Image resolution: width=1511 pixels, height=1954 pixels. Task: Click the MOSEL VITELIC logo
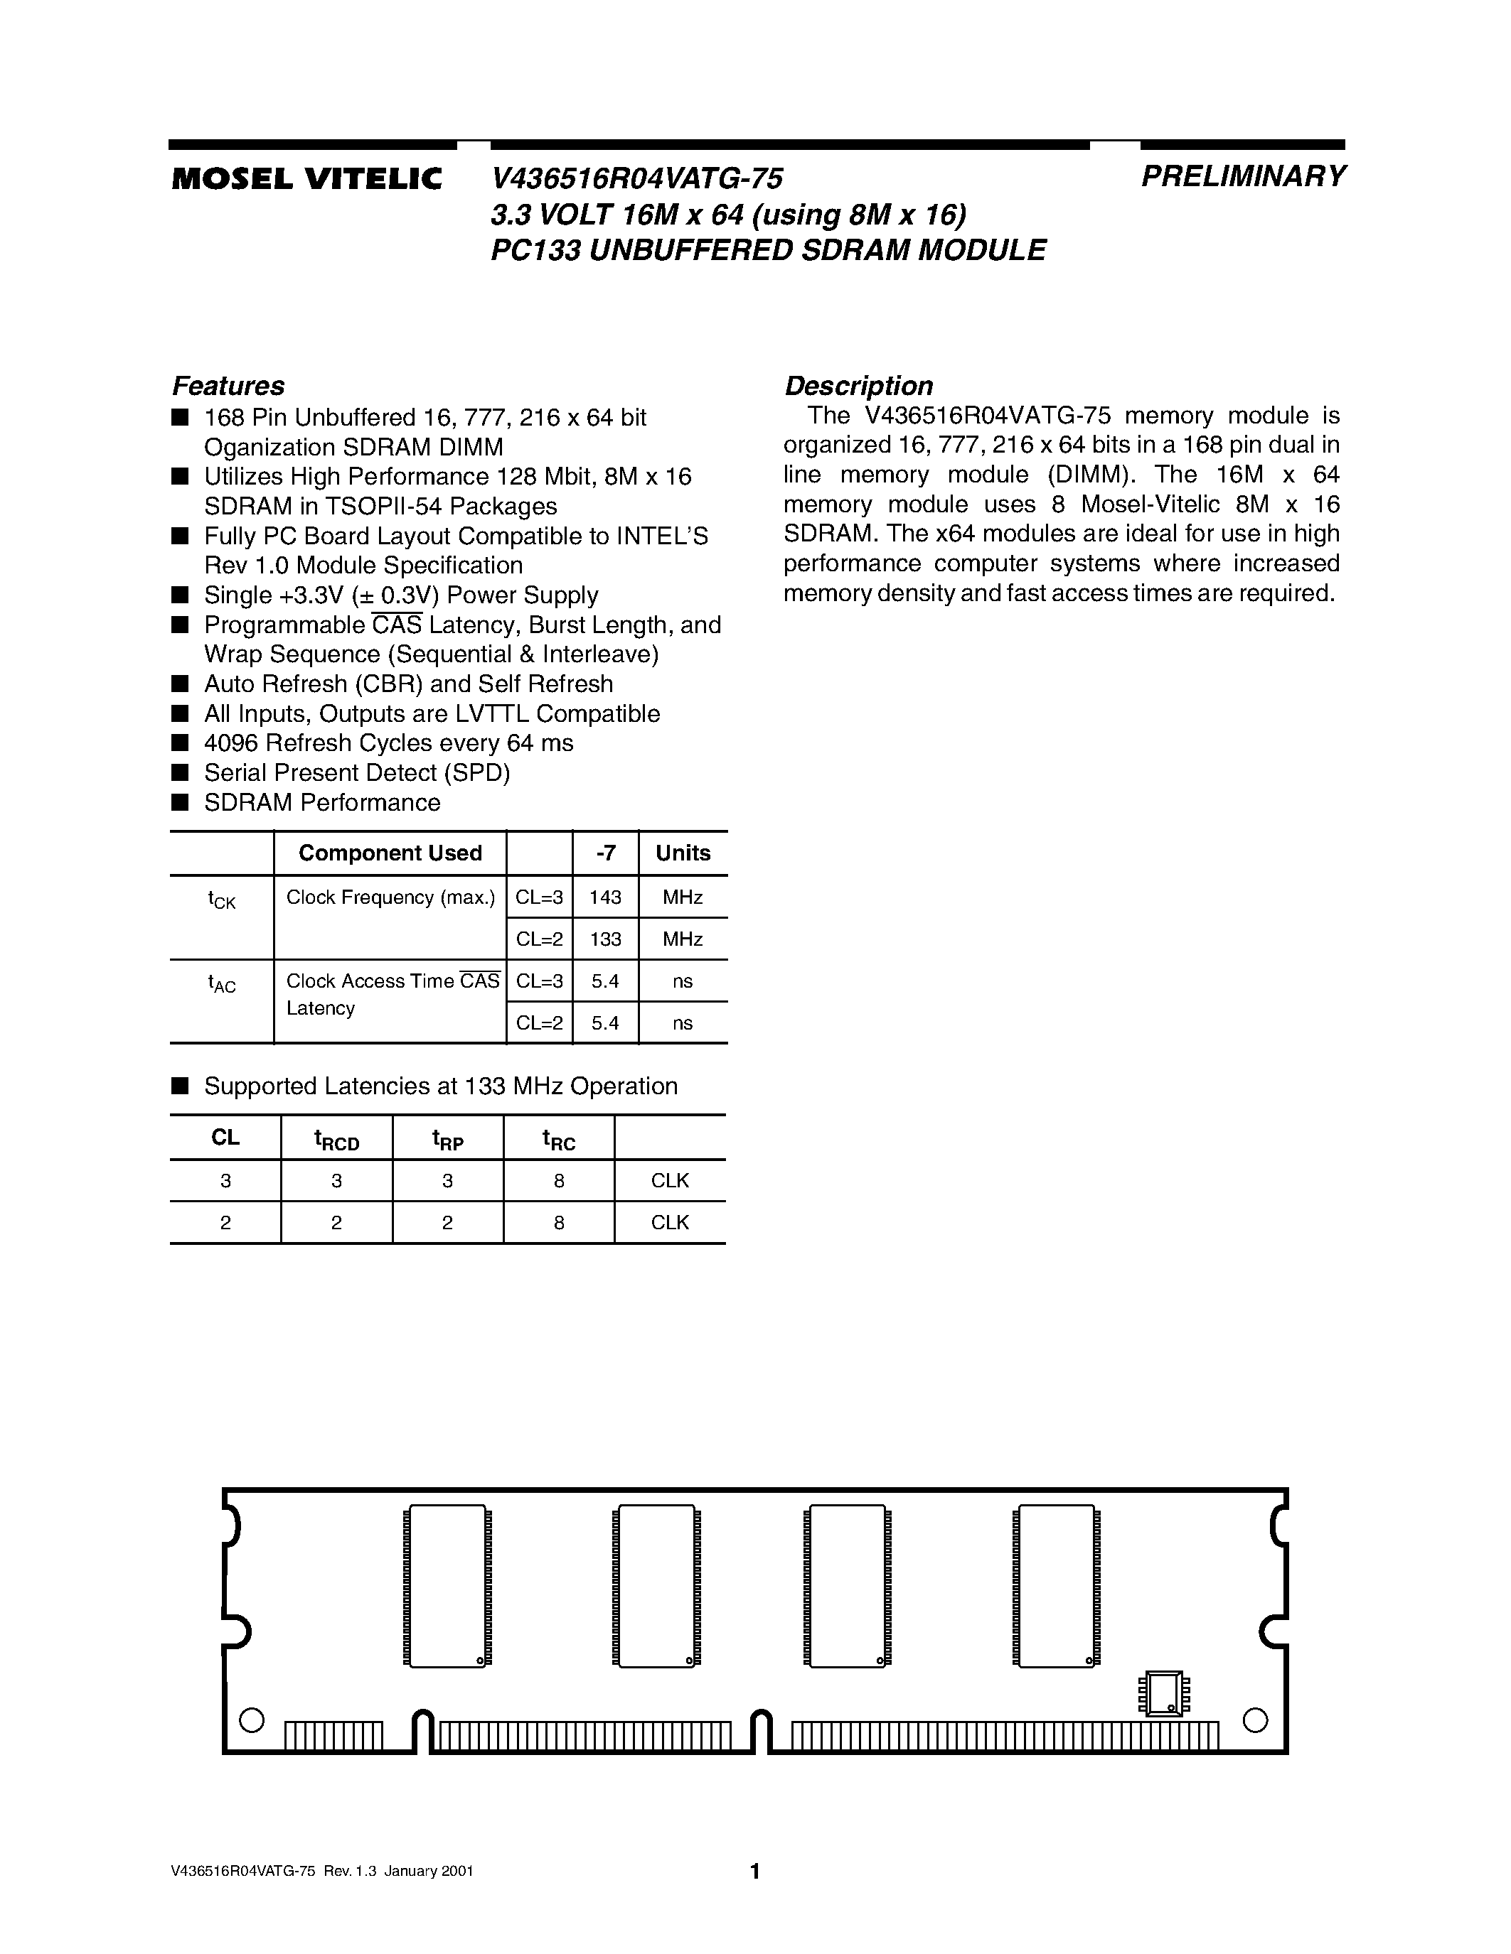point(307,179)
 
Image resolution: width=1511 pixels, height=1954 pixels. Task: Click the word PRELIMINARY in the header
point(1242,176)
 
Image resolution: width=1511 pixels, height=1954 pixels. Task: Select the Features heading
point(228,386)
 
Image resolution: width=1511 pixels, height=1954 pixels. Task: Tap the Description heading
point(858,386)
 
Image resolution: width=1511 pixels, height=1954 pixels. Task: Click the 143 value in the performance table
point(605,897)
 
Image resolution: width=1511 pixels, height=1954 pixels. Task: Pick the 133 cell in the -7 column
point(605,939)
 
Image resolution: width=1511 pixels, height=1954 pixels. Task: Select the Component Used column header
point(390,853)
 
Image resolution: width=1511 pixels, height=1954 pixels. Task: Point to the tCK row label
point(221,900)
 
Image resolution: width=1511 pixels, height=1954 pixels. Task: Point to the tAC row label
point(221,984)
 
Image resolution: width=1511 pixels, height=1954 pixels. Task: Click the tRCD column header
point(336,1140)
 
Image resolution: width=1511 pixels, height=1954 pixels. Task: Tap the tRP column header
point(447,1140)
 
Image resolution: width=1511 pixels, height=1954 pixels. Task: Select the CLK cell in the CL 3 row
point(670,1181)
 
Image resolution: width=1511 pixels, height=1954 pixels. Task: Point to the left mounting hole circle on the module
point(252,1720)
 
